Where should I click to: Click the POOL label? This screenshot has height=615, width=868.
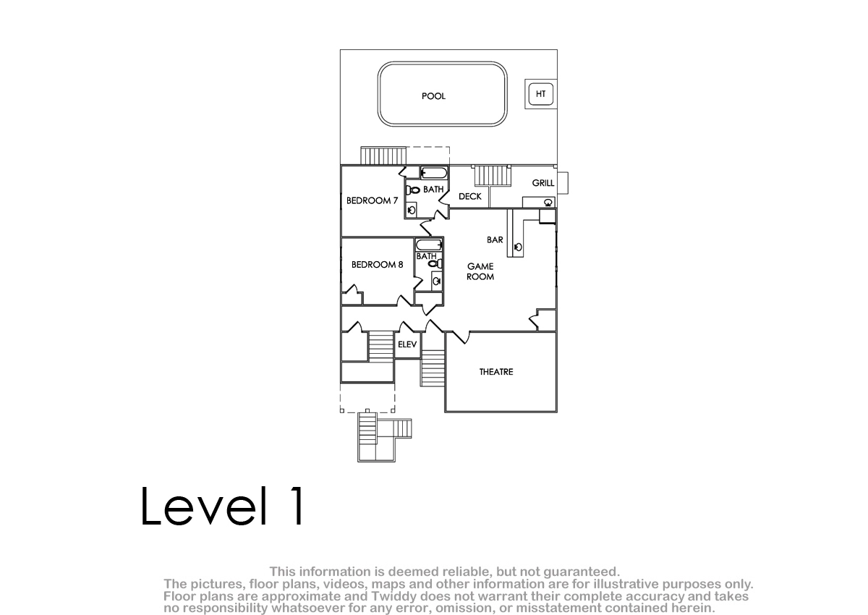pos(433,96)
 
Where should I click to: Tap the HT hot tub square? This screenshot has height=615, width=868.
pos(540,94)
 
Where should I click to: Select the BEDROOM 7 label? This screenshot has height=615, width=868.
pos(372,200)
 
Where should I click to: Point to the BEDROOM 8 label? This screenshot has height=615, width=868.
pos(377,265)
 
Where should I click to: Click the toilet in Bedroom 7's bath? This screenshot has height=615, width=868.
pos(413,190)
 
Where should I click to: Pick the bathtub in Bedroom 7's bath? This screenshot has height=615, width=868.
pos(434,173)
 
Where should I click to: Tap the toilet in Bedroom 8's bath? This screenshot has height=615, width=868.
pos(435,264)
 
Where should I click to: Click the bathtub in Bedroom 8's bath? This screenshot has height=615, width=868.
pos(429,245)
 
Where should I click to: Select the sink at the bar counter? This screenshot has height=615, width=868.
pos(518,247)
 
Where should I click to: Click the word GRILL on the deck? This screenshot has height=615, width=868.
pos(543,183)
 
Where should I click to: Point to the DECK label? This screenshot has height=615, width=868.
pos(469,197)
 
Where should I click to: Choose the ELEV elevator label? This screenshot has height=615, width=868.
pos(407,344)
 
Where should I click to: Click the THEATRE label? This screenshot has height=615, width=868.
pos(496,372)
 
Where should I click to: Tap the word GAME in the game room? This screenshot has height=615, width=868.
pos(480,266)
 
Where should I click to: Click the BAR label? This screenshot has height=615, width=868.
pos(495,240)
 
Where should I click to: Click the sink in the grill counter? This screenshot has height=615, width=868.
pos(548,203)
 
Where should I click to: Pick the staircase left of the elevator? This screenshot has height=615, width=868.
pos(381,347)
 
